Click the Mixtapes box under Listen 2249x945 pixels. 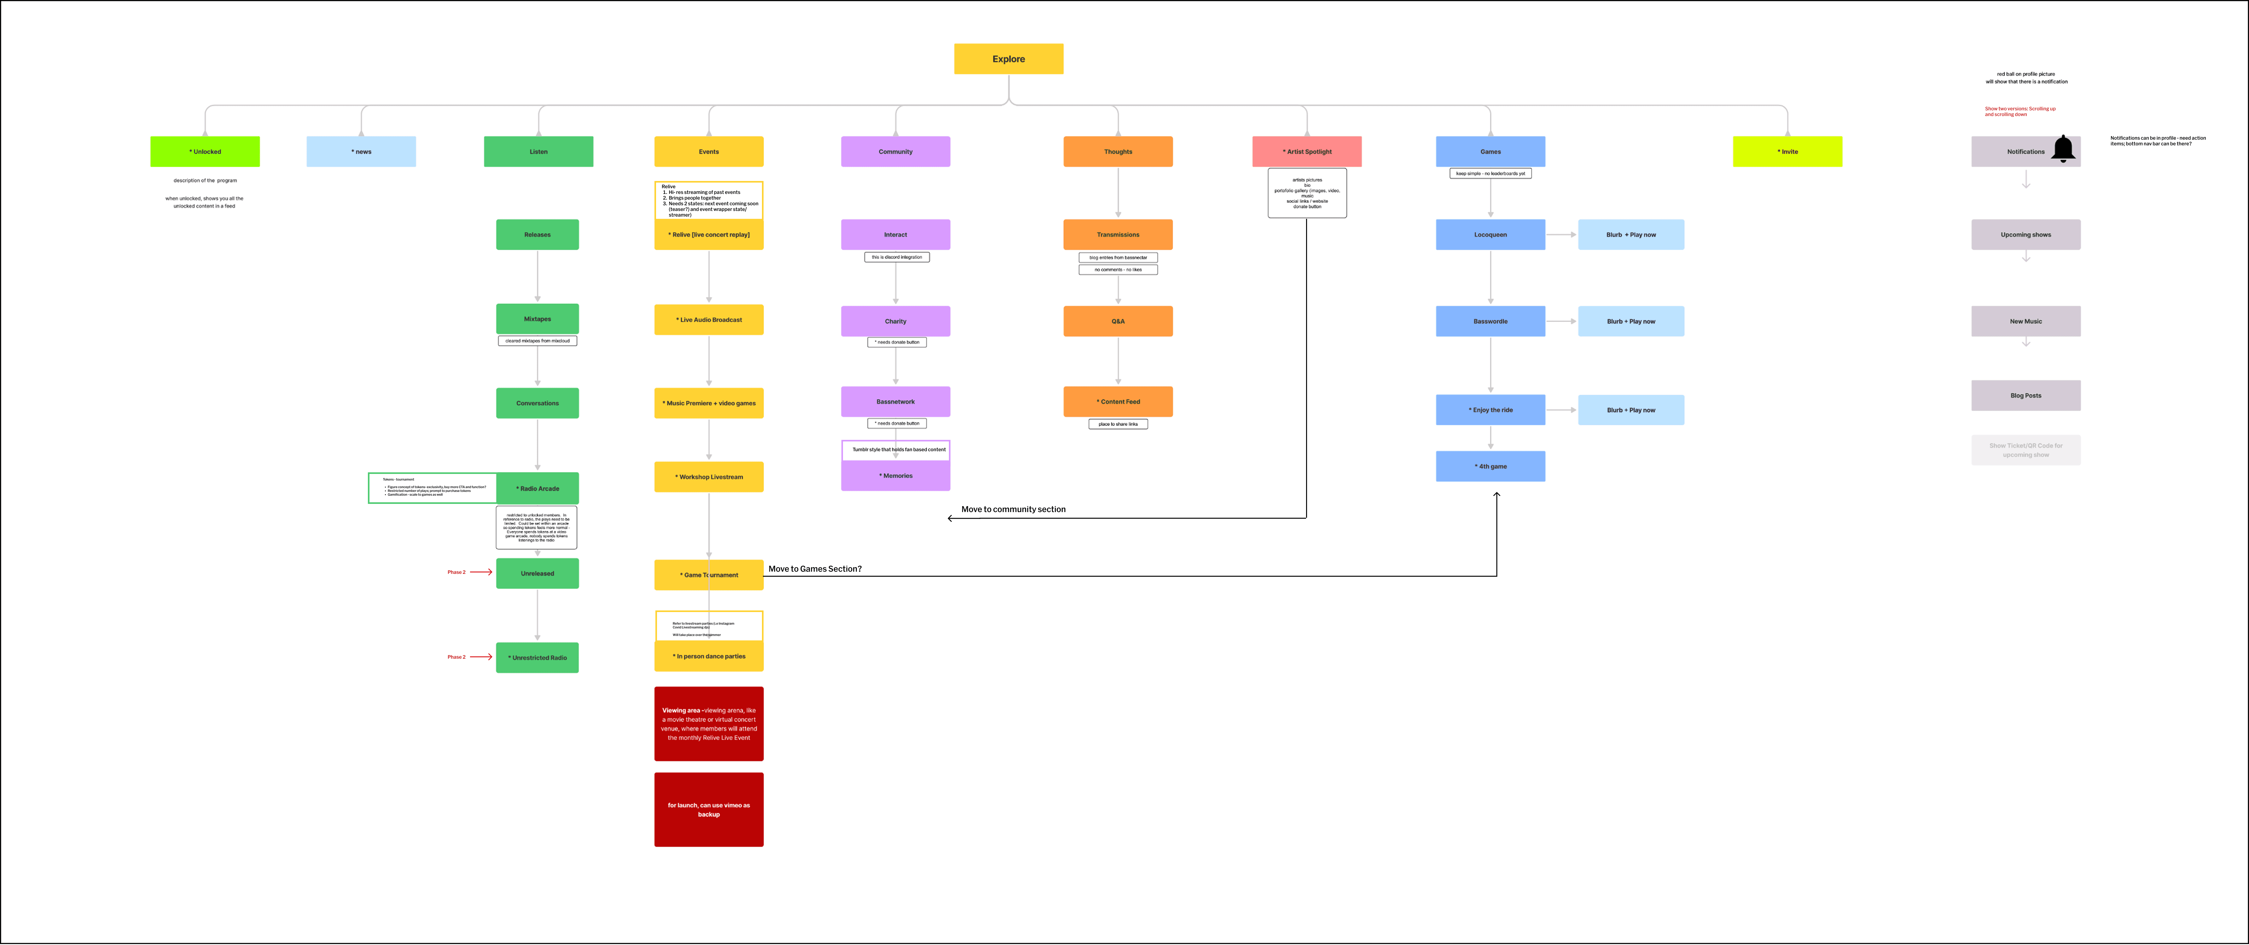click(x=537, y=319)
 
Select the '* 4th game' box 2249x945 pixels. click(x=1490, y=466)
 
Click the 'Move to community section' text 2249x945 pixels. click(x=1013, y=509)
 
